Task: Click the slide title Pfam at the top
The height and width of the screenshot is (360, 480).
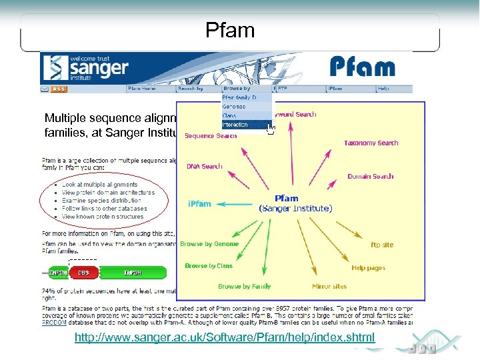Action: pos(230,31)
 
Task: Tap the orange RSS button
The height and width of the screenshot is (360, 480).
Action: pos(59,89)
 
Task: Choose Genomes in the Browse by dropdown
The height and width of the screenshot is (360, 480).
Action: pos(233,107)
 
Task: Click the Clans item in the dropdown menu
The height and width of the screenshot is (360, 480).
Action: pos(229,115)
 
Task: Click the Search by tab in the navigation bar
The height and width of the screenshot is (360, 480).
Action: pos(190,89)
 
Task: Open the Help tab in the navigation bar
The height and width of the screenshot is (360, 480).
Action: pos(383,89)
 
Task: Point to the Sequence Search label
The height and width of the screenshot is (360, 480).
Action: pos(211,136)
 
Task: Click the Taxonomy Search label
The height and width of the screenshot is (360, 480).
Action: pos(371,143)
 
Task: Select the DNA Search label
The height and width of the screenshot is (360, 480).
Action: pos(204,166)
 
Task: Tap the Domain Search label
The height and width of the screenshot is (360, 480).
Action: pos(370,177)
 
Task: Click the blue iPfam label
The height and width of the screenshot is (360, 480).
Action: pos(199,204)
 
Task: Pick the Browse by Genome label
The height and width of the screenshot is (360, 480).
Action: pos(209,244)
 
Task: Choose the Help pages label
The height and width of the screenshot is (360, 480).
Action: pos(368,268)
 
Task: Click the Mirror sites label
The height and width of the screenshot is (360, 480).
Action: pos(329,287)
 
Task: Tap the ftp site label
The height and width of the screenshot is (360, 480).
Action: pos(382,245)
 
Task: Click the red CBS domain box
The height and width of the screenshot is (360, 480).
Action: pos(84,273)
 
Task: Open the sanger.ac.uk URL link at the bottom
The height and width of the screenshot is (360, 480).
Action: pos(225,338)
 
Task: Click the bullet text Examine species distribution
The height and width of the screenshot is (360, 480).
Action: pos(101,200)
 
